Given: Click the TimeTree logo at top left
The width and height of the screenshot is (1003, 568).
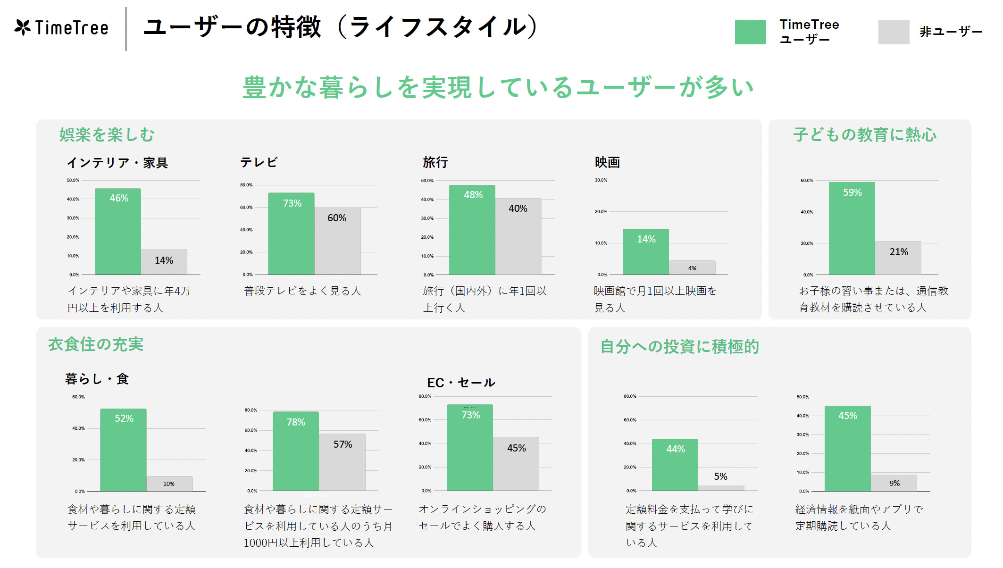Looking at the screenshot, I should click(61, 28).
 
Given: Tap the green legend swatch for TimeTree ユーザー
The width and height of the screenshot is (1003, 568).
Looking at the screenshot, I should click(750, 32).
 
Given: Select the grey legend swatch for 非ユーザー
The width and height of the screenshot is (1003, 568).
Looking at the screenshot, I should click(894, 32).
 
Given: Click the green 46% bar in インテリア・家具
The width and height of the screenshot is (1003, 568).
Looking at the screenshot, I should click(118, 232).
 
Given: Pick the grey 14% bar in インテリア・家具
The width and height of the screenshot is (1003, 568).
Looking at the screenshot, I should click(164, 262).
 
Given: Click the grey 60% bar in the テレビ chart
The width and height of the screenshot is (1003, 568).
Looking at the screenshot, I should click(337, 241).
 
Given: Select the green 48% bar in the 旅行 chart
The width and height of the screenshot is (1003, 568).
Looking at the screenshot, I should click(472, 230).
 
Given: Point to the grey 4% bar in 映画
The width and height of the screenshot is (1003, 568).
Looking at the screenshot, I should click(692, 267).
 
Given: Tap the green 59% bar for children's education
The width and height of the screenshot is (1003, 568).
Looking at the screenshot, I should click(852, 228).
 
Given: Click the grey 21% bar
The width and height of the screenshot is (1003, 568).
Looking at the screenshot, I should click(898, 258).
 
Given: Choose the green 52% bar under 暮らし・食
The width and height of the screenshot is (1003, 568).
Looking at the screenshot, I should click(123, 450).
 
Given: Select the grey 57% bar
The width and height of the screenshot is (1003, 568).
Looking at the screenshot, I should click(342, 462).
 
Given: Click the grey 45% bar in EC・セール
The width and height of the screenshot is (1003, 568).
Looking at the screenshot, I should click(516, 464).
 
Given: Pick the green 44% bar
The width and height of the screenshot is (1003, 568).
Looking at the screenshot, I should click(675, 465).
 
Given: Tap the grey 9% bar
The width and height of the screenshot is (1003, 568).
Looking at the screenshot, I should click(894, 483).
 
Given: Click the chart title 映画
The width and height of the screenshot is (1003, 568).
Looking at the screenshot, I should click(607, 162).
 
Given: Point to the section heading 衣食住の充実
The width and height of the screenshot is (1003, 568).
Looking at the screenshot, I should click(96, 344).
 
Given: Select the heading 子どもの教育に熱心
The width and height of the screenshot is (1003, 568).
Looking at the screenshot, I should click(864, 135).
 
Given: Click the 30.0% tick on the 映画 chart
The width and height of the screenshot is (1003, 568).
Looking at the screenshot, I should click(601, 180).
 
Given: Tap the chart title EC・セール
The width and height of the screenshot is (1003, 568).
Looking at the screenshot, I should click(461, 383).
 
